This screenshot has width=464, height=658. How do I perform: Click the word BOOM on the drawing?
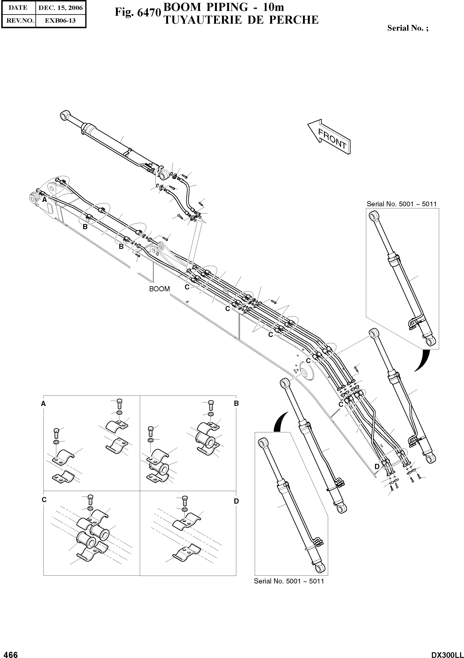coord(159,289)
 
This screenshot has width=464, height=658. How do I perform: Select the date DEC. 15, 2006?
coord(61,8)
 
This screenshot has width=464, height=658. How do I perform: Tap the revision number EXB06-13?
coord(61,21)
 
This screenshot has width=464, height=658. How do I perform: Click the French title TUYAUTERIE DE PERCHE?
coord(241,20)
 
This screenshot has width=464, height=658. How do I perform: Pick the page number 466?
coord(9,653)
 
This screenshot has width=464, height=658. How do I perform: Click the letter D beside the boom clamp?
coord(377,467)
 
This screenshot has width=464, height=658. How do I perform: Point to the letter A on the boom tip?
coord(44,200)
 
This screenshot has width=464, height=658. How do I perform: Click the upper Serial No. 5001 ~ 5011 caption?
coord(402,204)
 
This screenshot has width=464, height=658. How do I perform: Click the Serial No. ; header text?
coord(408,28)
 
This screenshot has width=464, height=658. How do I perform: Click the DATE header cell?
coord(18,8)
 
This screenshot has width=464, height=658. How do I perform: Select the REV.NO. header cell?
coord(18,21)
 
